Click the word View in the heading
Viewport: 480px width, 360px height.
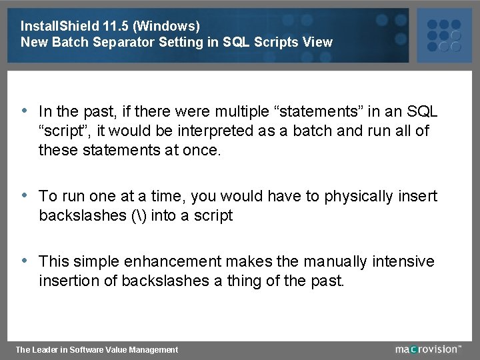[x=317, y=42]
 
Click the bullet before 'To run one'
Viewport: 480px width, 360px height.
[x=25, y=195]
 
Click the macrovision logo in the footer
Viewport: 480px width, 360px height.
[x=427, y=349]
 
